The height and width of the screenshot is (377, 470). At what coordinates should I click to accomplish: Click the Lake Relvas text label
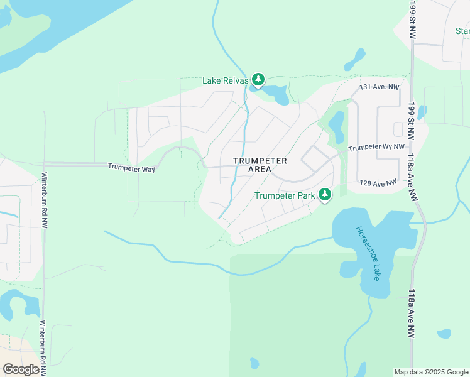pos(225,80)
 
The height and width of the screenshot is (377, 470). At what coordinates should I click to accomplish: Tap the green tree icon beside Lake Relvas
pos(258,79)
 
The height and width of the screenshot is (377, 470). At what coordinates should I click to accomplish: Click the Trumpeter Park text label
pos(285,195)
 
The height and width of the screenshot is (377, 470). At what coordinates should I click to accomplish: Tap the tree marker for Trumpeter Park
pos(325,195)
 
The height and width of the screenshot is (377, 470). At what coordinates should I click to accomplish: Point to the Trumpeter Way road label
pos(131,167)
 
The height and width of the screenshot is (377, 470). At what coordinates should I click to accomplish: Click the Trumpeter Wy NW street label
pos(376,147)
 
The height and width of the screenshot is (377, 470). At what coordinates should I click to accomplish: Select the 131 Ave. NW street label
pos(380,87)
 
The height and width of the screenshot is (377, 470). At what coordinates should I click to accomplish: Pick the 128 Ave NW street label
pos(378,183)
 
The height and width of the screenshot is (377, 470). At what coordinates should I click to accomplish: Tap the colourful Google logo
pos(21,369)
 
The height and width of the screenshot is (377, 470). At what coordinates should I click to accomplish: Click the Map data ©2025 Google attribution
pos(430,372)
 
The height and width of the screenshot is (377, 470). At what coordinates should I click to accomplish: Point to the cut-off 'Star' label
pos(462,31)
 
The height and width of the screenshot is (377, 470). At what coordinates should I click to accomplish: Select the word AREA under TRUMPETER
pos(260,169)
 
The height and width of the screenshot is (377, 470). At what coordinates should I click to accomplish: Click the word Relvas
pos(237,80)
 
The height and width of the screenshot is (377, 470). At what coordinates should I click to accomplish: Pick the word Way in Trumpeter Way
pos(148,168)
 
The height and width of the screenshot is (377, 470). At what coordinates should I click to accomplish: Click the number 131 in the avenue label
pos(365,87)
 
